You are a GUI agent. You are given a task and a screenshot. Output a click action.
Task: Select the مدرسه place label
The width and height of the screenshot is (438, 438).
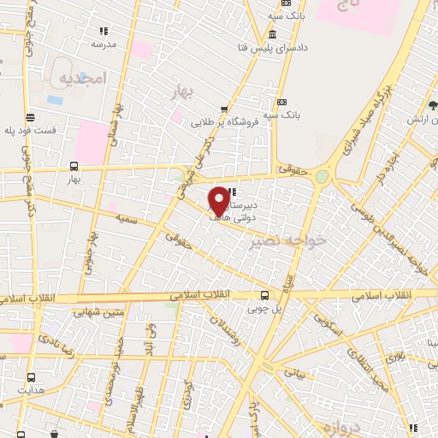tap(104, 44)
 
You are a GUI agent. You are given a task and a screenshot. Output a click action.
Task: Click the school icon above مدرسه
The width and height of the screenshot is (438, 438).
tap(104, 31)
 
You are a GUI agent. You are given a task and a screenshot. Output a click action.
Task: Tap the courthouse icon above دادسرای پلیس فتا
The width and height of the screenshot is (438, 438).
tap(272, 34)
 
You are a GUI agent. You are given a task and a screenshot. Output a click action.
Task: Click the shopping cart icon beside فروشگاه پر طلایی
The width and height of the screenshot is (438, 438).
tap(224, 109)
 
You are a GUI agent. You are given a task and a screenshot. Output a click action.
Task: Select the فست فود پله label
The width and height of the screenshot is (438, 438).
tap(33, 130)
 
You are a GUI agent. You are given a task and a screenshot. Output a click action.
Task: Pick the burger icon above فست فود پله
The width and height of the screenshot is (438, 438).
tap(32, 117)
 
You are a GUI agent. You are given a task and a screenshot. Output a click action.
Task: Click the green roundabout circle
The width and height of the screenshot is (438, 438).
tap(322, 176)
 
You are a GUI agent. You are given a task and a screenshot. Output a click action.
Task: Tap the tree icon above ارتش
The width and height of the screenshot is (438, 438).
tap(434, 105)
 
